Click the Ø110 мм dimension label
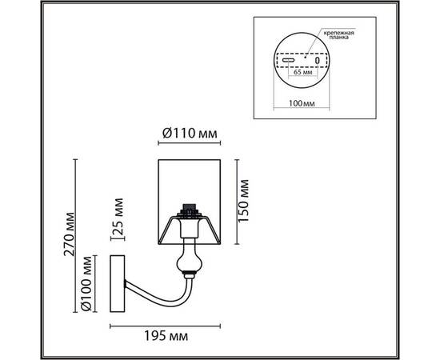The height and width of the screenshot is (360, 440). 189,132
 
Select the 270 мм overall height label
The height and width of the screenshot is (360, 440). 69,233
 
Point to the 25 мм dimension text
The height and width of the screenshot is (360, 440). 119,215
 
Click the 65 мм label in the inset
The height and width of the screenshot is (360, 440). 302,72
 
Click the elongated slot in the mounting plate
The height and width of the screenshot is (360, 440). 287,60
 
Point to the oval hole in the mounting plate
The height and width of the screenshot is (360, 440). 317,60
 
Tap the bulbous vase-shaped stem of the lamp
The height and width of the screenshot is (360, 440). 189,259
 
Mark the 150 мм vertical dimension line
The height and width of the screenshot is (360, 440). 237,200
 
